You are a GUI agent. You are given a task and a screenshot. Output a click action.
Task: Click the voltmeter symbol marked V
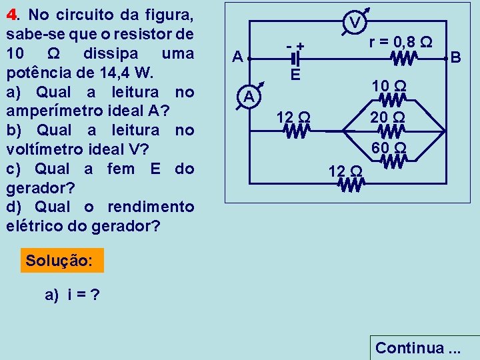coord(356,23)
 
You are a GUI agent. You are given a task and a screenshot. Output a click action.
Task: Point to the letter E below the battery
coord(295,74)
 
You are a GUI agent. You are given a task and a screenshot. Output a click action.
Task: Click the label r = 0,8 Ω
coord(402,43)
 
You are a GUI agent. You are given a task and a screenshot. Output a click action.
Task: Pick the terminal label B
coord(456,58)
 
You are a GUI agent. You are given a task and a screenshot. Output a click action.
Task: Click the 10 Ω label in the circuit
coord(390,86)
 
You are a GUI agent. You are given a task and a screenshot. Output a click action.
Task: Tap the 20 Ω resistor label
coord(390,117)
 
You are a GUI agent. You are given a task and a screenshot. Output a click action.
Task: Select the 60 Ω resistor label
coord(390,147)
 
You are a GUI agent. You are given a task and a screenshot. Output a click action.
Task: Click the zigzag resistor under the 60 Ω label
coord(393,161)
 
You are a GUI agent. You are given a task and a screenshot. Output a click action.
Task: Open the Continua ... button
coord(418,347)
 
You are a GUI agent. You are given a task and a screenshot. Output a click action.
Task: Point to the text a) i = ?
coord(73,295)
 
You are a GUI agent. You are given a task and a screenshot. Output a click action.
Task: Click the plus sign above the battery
coord(301,46)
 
